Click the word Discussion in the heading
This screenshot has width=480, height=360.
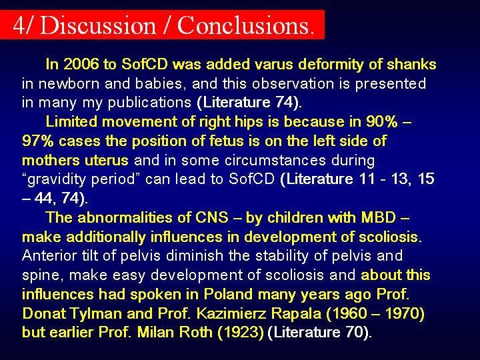click(x=98, y=25)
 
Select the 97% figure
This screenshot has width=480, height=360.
click(x=37, y=141)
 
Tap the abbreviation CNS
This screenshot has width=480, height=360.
click(x=212, y=217)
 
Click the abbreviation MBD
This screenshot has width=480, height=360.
click(x=379, y=217)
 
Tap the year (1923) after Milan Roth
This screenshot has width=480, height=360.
click(x=240, y=333)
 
